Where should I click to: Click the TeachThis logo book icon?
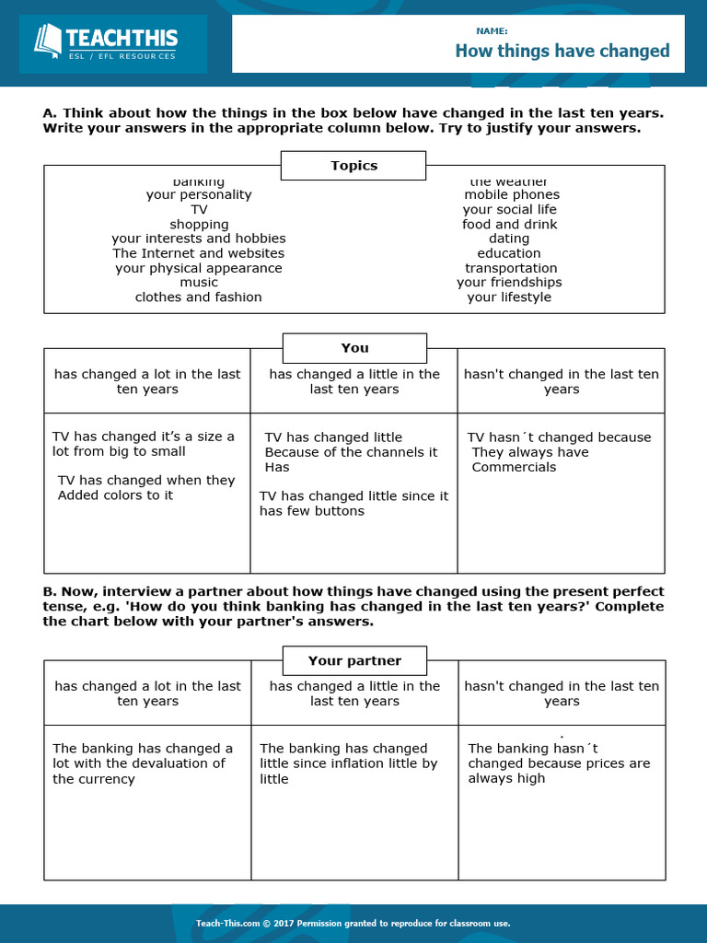tap(48, 41)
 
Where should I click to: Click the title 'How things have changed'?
tap(562, 52)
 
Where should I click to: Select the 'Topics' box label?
tap(353, 166)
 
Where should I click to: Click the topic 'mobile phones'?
tap(511, 195)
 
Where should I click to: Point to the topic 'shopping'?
tap(199, 225)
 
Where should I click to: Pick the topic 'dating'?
tap(509, 239)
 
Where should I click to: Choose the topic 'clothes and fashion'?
tap(198, 297)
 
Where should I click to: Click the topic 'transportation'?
tap(511, 268)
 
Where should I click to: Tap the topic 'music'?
tap(199, 283)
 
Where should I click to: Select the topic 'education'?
tap(509, 253)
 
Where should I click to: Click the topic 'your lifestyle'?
tap(509, 297)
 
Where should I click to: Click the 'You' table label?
tap(354, 348)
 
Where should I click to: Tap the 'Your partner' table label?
tap(354, 661)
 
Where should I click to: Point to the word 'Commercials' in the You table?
tap(514, 467)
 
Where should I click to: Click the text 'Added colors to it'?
tap(115, 495)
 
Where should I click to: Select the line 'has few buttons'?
tap(312, 511)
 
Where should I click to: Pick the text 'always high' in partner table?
tap(506, 778)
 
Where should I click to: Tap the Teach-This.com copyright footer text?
tap(353, 924)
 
